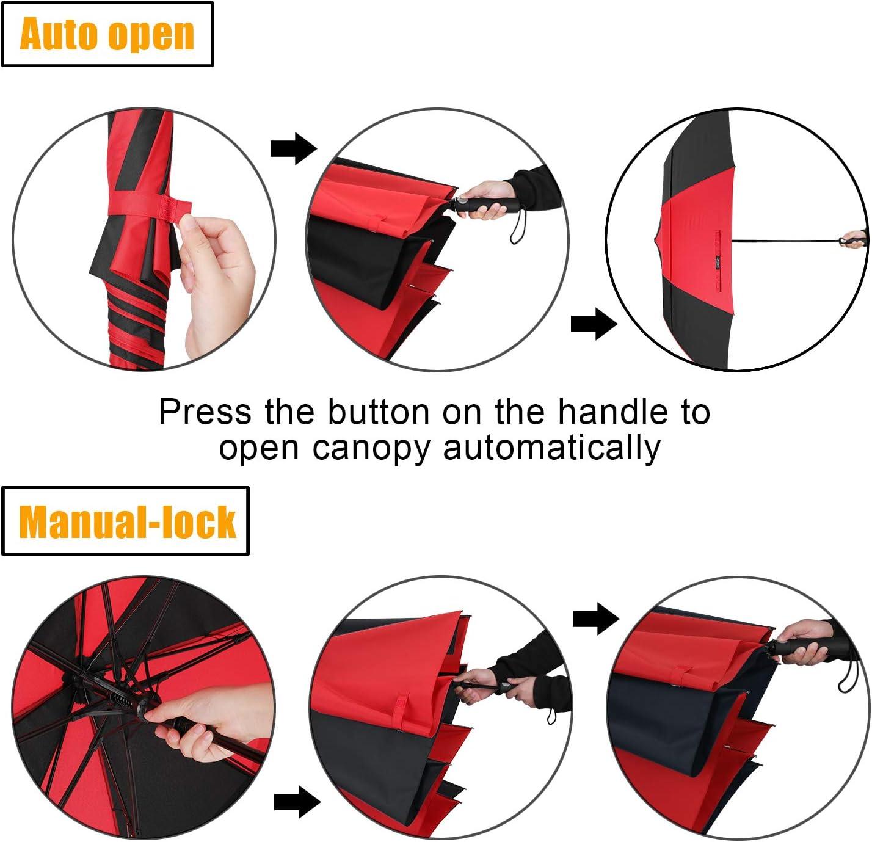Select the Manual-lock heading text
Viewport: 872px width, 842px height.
tap(127, 522)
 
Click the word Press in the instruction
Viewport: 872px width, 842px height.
tap(205, 412)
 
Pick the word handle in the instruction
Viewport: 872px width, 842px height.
tap(612, 412)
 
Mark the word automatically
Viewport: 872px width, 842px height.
tap(551, 448)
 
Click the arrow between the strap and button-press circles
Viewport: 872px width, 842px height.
tap(294, 148)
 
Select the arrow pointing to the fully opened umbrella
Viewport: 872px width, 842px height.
tap(594, 323)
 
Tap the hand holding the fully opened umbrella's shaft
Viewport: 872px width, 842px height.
tap(855, 238)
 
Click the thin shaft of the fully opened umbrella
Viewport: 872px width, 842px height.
tap(787, 240)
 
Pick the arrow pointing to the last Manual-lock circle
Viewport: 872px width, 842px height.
tap(596, 619)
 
